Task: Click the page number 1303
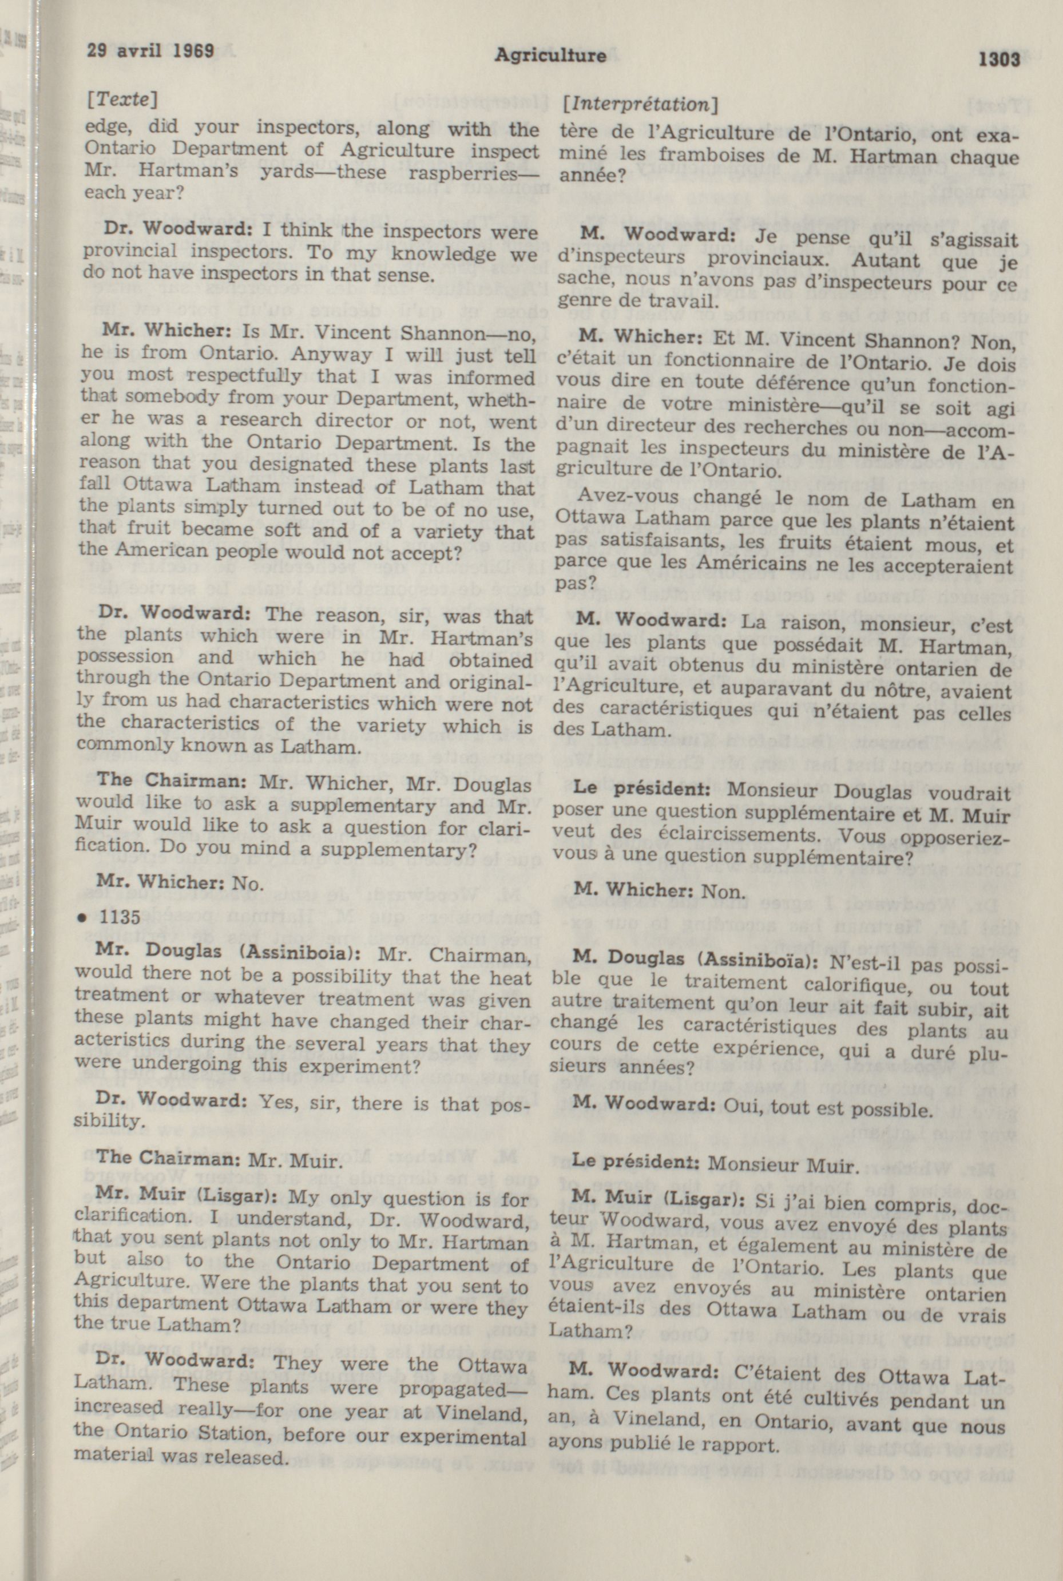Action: (998, 60)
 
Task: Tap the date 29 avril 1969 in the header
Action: (150, 51)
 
